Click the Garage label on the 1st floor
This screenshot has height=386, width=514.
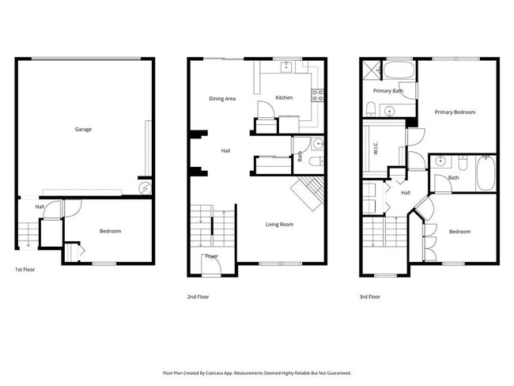pyautogui.click(x=82, y=128)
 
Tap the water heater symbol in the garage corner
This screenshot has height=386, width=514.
pyautogui.click(x=144, y=187)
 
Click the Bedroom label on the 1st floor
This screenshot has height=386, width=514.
pyautogui.click(x=110, y=231)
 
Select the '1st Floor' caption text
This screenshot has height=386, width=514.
pyautogui.click(x=25, y=270)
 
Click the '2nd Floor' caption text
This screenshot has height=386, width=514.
pyautogui.click(x=198, y=297)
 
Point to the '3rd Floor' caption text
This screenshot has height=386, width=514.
pyautogui.click(x=369, y=297)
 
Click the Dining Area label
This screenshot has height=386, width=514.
pyautogui.click(x=222, y=99)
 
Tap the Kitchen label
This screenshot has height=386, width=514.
pyautogui.click(x=284, y=98)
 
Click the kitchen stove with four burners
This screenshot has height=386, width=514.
pyautogui.click(x=317, y=96)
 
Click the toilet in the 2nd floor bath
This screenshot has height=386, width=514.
pyautogui.click(x=314, y=161)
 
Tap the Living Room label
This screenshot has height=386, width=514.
pyautogui.click(x=278, y=225)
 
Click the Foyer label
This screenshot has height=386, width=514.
pyautogui.click(x=212, y=256)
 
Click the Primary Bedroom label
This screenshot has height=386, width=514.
pyautogui.click(x=455, y=112)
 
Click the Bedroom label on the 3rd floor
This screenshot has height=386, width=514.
pyautogui.click(x=459, y=232)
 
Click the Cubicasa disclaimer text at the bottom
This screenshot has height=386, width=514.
pyautogui.click(x=257, y=373)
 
